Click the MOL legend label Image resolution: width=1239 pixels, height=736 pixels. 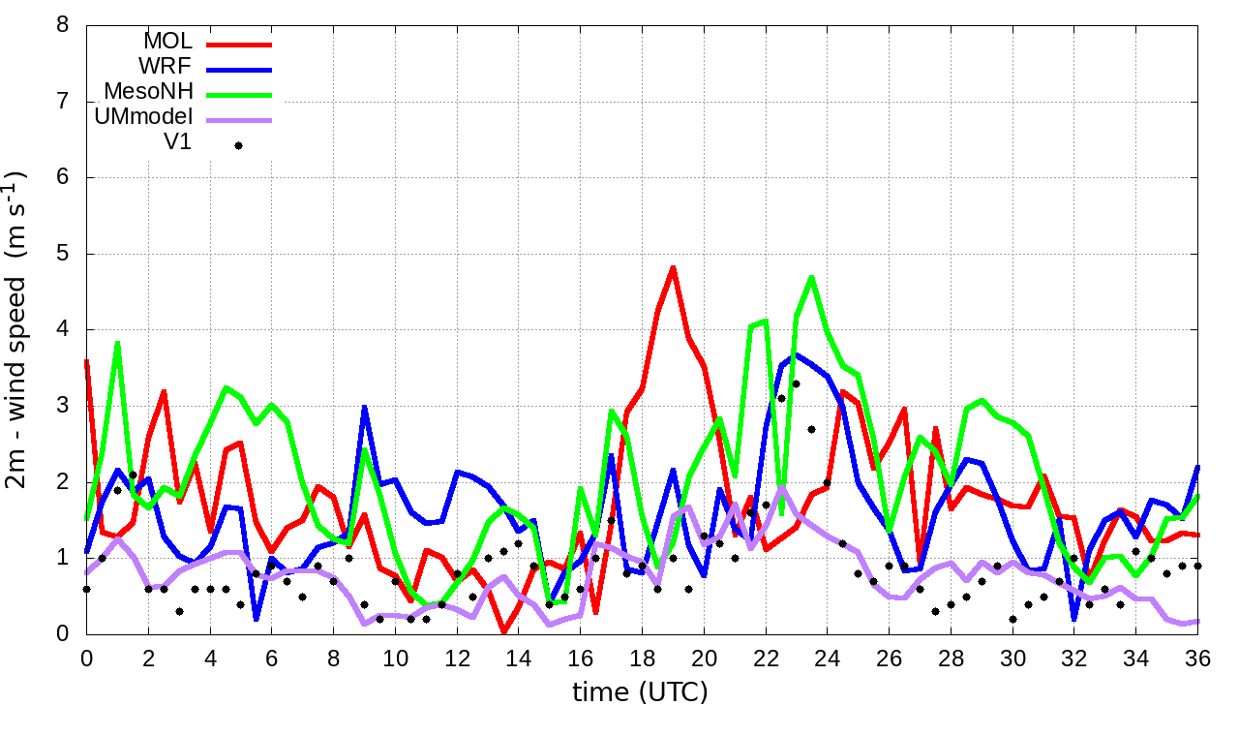click(x=167, y=42)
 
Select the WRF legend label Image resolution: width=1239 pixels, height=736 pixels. click(x=167, y=67)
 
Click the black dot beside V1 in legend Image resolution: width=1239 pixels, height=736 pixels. click(x=238, y=145)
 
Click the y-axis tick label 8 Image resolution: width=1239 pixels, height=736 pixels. click(x=62, y=24)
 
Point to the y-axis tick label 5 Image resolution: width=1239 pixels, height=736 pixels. click(x=62, y=254)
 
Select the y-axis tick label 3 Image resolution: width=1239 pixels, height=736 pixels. click(x=62, y=406)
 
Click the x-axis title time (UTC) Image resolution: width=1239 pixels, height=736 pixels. click(x=640, y=692)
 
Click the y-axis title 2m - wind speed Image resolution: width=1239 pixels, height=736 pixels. click(x=19, y=329)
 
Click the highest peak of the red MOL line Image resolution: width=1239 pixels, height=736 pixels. click(x=673, y=267)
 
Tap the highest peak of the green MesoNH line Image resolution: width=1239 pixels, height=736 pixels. click(x=811, y=277)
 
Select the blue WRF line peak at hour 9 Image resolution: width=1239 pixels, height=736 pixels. click(x=364, y=407)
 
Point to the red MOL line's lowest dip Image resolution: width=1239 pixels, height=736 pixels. click(x=503, y=632)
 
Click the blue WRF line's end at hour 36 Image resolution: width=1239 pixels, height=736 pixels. click(x=1197, y=467)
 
